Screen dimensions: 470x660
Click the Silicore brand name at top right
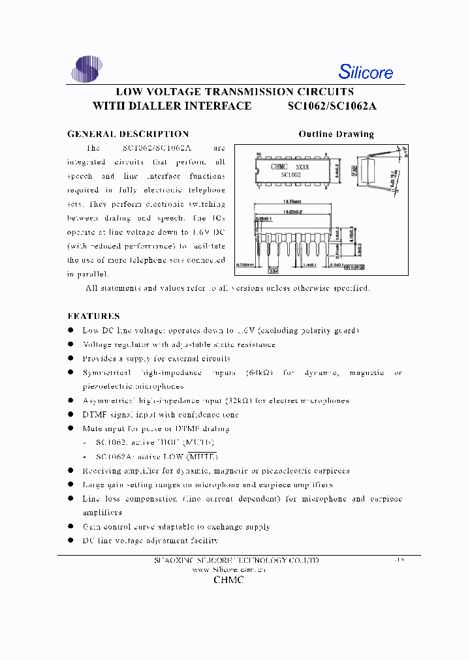(366, 71)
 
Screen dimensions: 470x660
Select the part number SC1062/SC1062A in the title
(333, 106)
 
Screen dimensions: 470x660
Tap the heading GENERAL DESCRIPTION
(128, 134)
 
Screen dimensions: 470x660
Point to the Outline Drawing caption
(336, 134)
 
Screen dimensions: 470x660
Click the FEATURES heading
(93, 316)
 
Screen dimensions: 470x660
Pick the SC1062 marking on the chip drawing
(291, 175)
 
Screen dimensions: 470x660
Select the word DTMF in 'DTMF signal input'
(95, 415)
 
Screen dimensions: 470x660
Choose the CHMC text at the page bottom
(228, 580)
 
